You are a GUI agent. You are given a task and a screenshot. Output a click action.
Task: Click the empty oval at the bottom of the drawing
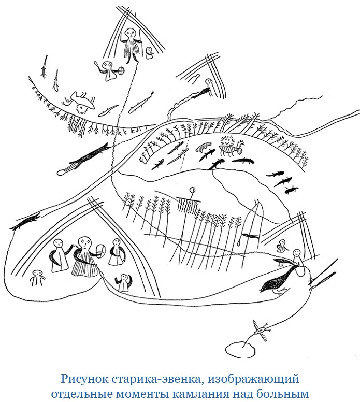[x=239, y=349]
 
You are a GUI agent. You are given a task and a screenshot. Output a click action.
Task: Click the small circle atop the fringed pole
[x=192, y=190]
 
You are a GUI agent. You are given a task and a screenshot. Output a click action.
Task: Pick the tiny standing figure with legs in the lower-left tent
[x=37, y=278]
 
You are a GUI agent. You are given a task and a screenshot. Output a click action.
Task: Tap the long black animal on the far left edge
[x=25, y=223]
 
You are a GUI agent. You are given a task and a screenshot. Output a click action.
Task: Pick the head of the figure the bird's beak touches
[x=296, y=254]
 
